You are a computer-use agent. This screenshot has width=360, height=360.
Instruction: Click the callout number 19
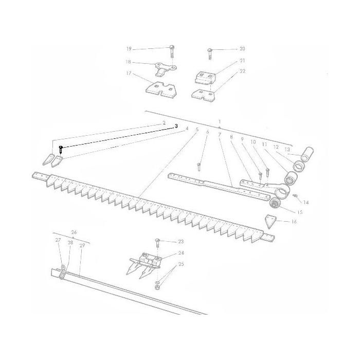click(x=129, y=49)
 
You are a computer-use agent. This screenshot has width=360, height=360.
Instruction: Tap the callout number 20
click(x=242, y=49)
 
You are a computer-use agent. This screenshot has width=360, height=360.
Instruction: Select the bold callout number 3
click(x=176, y=125)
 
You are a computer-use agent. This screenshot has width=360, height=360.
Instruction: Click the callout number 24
click(x=181, y=253)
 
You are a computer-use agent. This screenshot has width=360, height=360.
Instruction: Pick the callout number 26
click(x=74, y=232)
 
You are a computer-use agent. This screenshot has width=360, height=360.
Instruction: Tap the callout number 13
click(x=287, y=149)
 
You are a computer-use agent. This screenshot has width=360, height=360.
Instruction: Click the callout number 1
click(x=220, y=122)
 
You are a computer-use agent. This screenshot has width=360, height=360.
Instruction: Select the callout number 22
click(x=242, y=71)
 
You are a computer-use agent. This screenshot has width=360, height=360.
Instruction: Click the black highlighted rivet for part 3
click(x=61, y=150)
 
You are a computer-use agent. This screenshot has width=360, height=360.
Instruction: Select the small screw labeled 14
click(x=296, y=195)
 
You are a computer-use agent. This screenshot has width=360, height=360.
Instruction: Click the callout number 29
click(x=82, y=245)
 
